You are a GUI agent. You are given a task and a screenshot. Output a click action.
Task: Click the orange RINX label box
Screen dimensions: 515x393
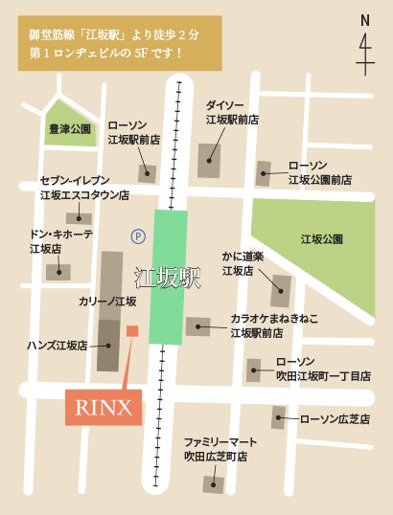pyautogui.click(x=104, y=408)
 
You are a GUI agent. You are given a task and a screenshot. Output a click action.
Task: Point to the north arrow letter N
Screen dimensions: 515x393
pyautogui.click(x=365, y=20)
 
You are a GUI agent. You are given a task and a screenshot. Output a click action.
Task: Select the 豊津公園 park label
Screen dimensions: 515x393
pyautogui.click(x=69, y=128)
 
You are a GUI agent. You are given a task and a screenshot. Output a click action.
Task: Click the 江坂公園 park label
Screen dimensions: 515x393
pyautogui.click(x=322, y=238)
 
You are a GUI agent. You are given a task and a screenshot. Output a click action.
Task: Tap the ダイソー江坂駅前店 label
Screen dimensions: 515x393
pyautogui.click(x=233, y=112)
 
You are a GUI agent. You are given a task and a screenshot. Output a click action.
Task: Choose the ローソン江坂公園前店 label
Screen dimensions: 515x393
pyautogui.click(x=320, y=171)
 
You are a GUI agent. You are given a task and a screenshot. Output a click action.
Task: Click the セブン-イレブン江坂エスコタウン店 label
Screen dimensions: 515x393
pyautogui.click(x=84, y=188)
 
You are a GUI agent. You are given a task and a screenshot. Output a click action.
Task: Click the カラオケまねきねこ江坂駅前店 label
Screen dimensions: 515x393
pyautogui.click(x=269, y=325)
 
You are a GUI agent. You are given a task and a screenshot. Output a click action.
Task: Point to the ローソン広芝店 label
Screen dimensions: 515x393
pyautogui.click(x=335, y=418)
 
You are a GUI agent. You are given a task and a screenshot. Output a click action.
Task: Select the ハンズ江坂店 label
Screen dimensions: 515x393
pyautogui.click(x=57, y=345)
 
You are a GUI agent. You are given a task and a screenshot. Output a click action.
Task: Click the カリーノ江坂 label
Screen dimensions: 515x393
pyautogui.click(x=106, y=301)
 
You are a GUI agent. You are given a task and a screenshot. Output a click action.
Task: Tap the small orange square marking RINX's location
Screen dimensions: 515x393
pyautogui.click(x=132, y=331)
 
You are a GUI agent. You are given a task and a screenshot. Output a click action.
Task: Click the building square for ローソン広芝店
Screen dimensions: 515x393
pyautogui.click(x=279, y=417)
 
